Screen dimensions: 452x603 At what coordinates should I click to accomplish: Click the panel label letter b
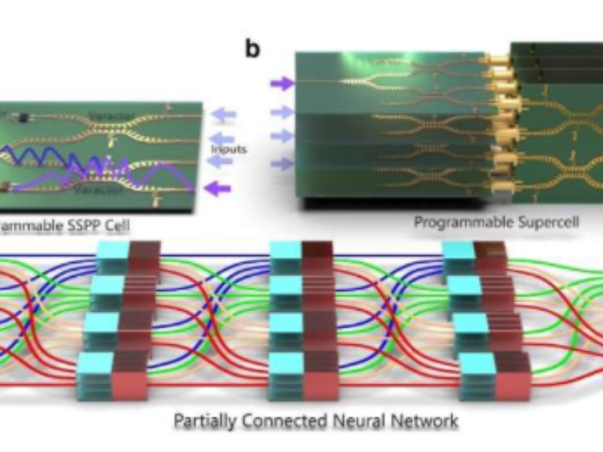(x=253, y=50)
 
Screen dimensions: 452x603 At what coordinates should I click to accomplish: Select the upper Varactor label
(x=112, y=116)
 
